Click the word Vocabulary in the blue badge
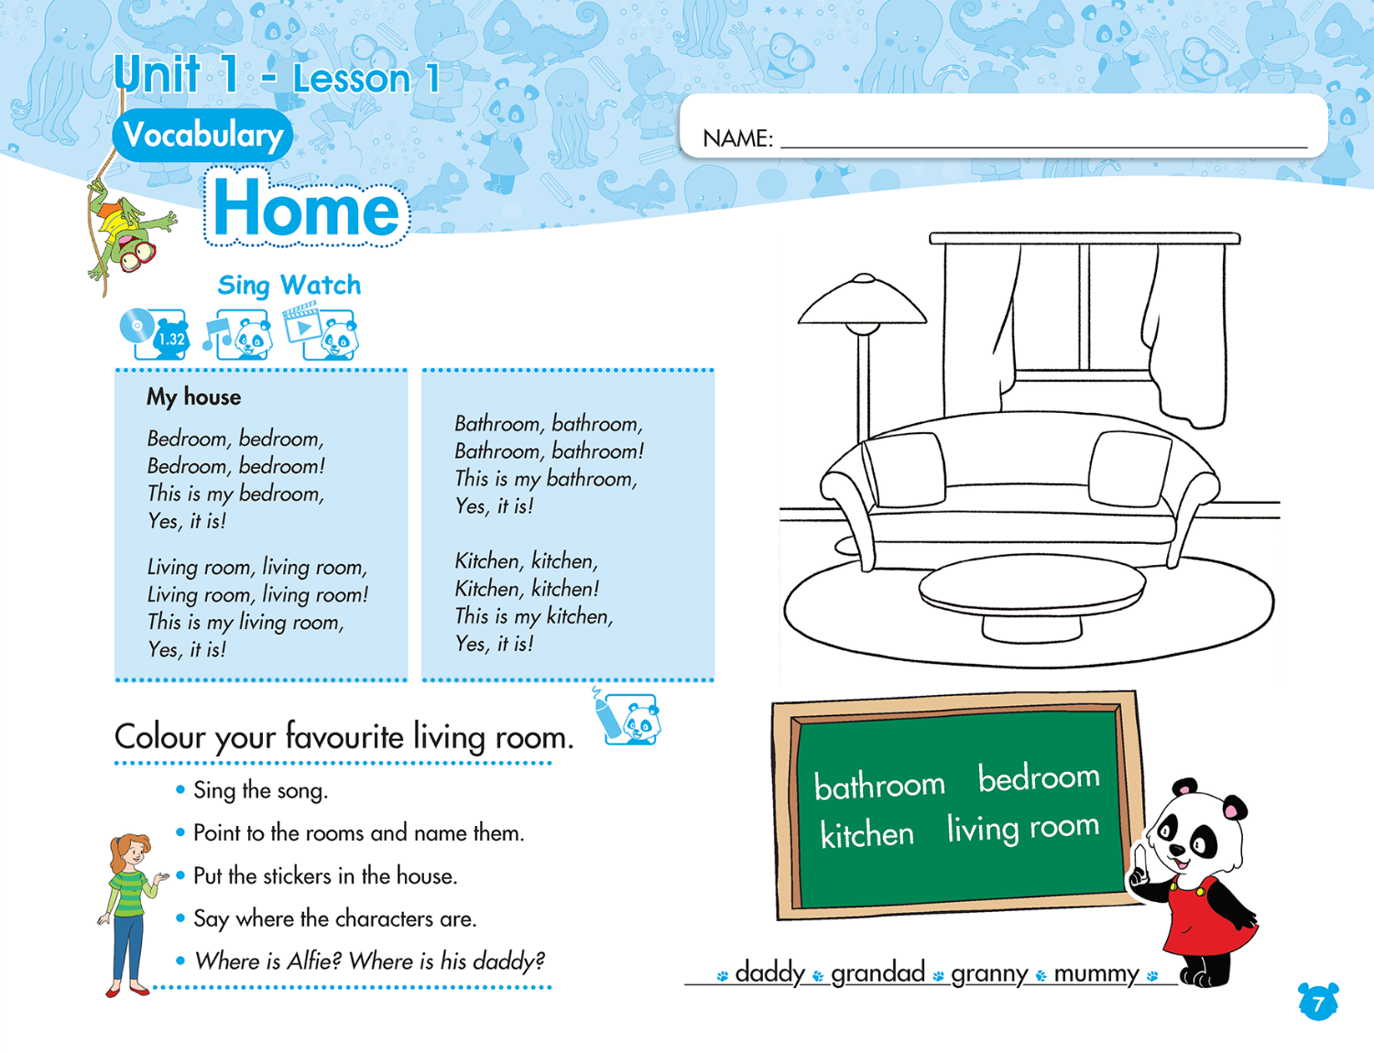202,136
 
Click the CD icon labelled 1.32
154,333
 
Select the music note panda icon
238,334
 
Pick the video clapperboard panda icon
321,331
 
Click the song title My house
193,396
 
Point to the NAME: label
737,139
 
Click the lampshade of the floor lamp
862,303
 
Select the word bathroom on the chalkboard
878,785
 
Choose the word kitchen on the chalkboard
867,834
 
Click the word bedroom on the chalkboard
1038,777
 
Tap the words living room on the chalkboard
1022,827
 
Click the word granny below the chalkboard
989,973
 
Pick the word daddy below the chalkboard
769,972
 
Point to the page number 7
1317,1004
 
